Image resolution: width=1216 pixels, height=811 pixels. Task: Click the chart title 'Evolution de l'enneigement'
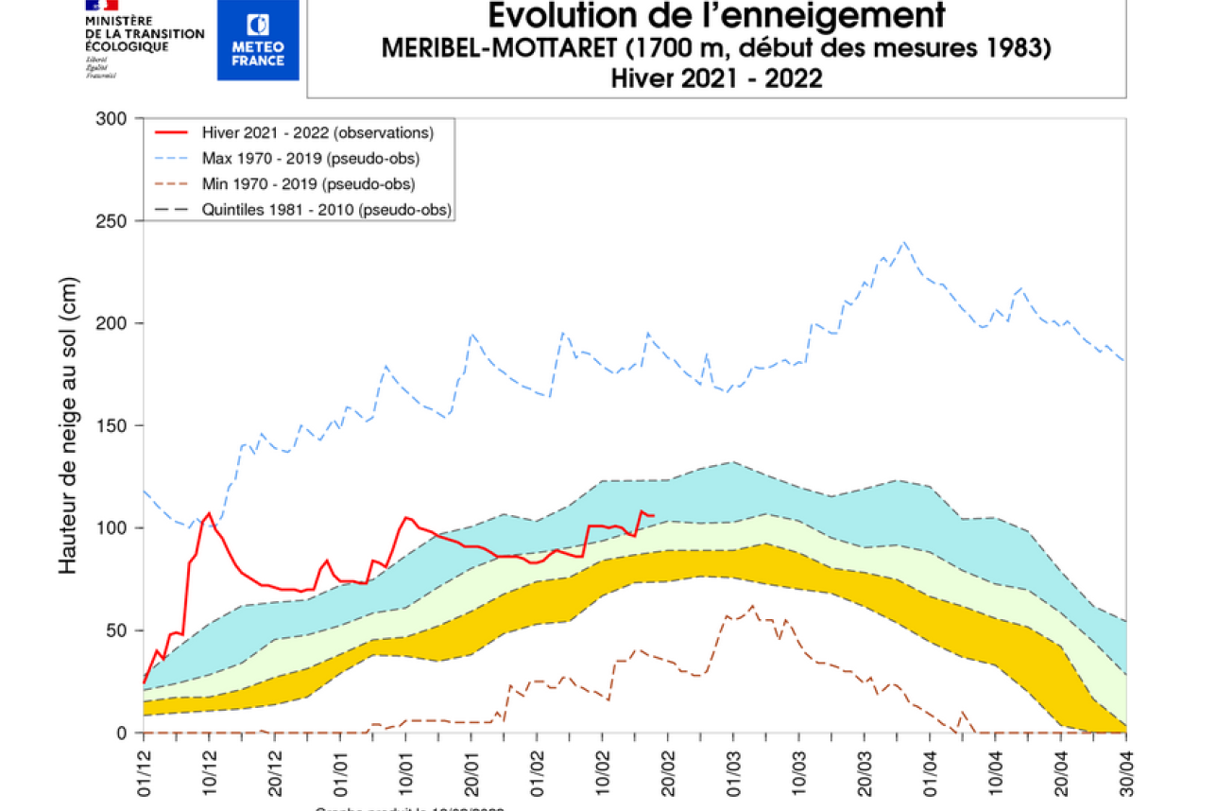coord(716,17)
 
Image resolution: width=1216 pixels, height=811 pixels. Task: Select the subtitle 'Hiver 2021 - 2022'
coord(716,78)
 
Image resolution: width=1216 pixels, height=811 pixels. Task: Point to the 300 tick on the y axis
coord(112,118)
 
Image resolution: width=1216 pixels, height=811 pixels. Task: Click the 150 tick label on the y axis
coord(112,425)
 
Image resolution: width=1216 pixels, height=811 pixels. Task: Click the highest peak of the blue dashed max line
coord(904,242)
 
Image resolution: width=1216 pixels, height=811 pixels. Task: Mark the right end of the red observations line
coord(653,515)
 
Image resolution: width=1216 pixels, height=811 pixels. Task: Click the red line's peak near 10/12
coord(209,513)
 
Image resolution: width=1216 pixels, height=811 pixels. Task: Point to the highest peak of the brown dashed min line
coord(752,606)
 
